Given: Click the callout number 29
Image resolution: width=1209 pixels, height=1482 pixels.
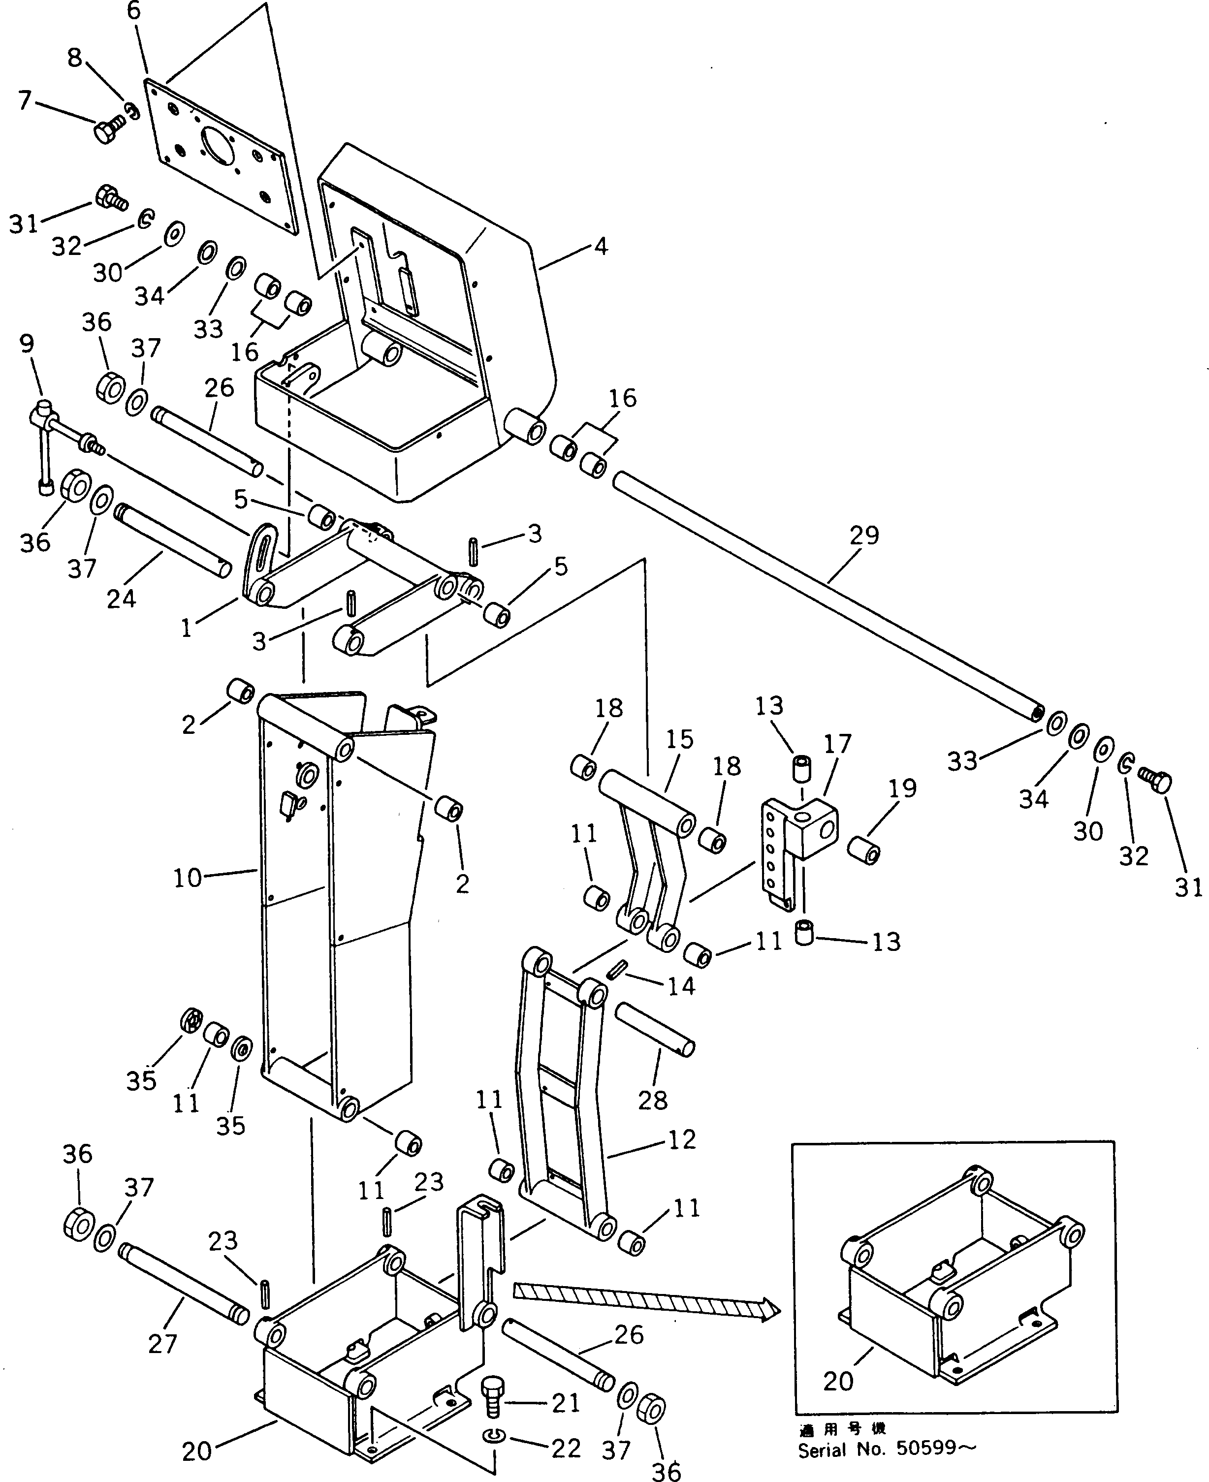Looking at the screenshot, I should click(864, 535).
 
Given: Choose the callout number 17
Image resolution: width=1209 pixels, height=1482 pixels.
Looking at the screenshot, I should click(837, 744).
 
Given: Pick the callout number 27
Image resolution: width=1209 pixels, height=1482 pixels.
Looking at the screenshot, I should click(162, 1343).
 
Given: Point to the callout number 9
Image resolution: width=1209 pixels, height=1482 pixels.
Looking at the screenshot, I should click(27, 344).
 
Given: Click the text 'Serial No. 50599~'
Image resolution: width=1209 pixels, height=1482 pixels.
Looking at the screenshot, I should click(887, 1450).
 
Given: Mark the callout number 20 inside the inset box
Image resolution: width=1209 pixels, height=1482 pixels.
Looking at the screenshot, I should click(838, 1380).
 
